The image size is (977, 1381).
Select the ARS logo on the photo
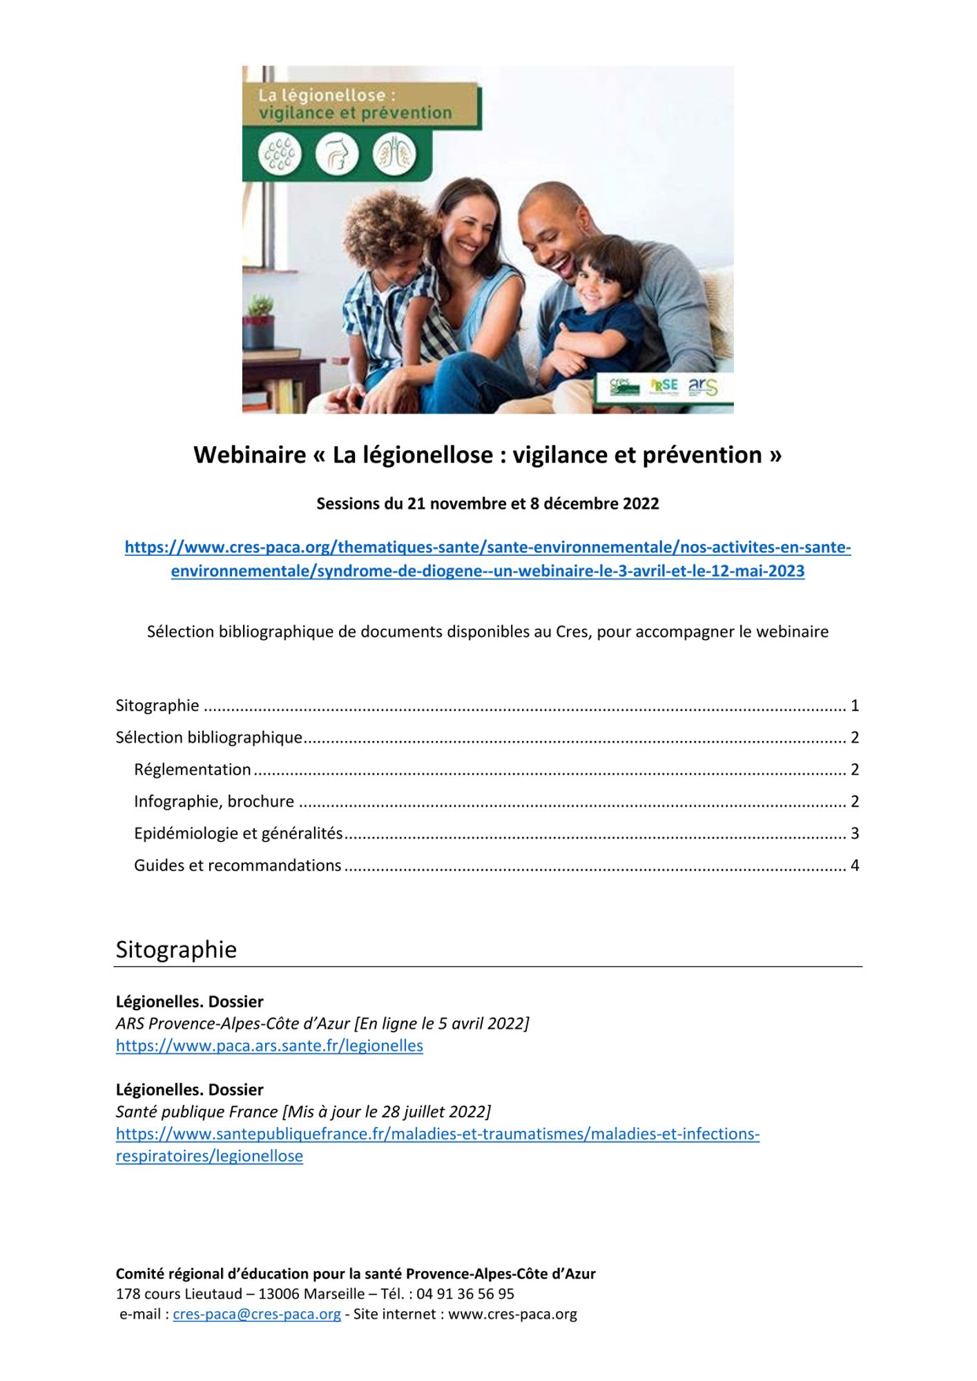pos(703,386)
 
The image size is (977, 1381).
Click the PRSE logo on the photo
pos(664,386)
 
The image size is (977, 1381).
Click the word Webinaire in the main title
pos(249,455)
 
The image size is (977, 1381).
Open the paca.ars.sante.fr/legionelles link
pos(269,1045)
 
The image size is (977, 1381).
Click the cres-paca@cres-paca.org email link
pos(257,1313)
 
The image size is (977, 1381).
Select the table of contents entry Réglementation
pos(193,769)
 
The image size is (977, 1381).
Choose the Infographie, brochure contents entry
pos(214,801)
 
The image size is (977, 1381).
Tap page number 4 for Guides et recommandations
pos(855,865)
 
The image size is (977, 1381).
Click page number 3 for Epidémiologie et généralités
pos(855,833)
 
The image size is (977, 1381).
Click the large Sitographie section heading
pos(176,949)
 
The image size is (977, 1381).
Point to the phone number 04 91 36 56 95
pos(465,1293)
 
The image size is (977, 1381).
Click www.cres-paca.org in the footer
pos(512,1313)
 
